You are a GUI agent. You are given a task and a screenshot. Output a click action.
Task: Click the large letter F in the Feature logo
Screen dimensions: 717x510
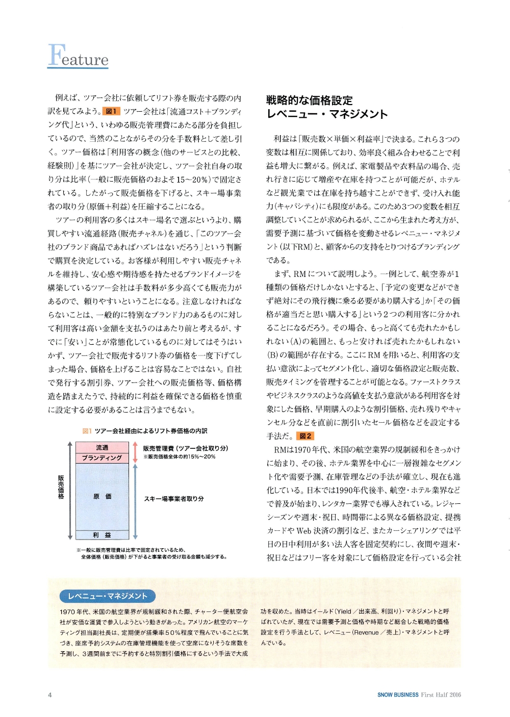pyautogui.click(x=56, y=55)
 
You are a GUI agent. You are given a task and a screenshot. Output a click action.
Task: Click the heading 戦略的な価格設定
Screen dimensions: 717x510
pyautogui.click(x=309, y=100)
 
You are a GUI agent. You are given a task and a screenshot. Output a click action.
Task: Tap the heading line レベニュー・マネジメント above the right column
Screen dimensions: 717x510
pyautogui.click(x=327, y=114)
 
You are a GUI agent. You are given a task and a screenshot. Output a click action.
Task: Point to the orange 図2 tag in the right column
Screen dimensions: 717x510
pyautogui.click(x=305, y=436)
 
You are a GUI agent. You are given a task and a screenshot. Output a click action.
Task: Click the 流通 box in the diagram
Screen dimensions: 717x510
pyautogui.click(x=102, y=447)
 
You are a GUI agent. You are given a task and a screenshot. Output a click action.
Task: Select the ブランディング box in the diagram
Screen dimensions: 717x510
pyautogui.click(x=102, y=457)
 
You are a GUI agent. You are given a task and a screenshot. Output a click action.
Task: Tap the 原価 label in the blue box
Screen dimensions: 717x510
pyautogui.click(x=102, y=496)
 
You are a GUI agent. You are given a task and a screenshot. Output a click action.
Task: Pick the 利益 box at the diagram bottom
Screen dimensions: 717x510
pyautogui.click(x=102, y=535)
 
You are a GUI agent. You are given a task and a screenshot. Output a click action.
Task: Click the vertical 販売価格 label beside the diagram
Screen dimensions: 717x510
pyautogui.click(x=61, y=487)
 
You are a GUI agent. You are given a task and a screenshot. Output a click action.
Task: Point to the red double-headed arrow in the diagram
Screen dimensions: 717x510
pyautogui.click(x=135, y=452)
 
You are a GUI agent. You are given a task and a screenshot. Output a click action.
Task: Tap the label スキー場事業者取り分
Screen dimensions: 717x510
pyautogui.click(x=173, y=499)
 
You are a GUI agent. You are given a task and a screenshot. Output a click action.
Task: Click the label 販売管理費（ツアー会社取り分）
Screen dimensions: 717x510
pyautogui.click(x=185, y=448)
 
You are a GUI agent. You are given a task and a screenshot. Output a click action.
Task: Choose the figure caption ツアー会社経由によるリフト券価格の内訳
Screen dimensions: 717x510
pyautogui.click(x=150, y=431)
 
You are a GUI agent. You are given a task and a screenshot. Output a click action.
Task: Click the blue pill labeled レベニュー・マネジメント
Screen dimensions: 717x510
pyautogui.click(x=108, y=596)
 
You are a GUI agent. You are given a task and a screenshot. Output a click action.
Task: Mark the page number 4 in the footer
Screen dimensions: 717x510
pyautogui.click(x=49, y=695)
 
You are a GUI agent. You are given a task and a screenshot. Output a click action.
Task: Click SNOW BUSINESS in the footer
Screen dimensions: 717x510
pyautogui.click(x=398, y=695)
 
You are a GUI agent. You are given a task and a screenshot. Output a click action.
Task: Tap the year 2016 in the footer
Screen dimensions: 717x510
pyautogui.click(x=454, y=695)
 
